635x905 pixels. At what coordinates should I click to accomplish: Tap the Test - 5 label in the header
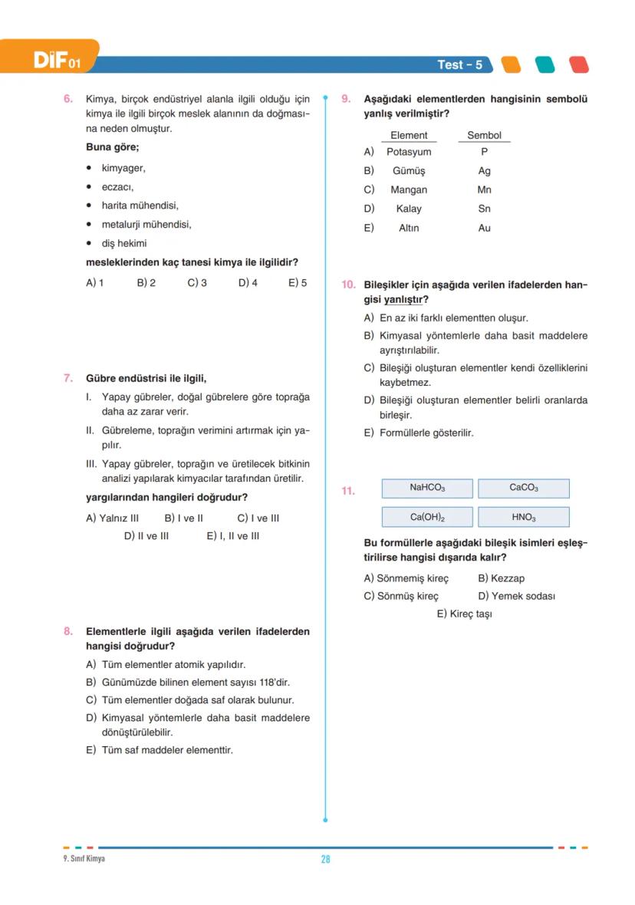pyautogui.click(x=459, y=65)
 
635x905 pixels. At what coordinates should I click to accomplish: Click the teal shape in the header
pyautogui.click(x=545, y=65)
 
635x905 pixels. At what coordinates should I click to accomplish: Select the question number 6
pyautogui.click(x=67, y=99)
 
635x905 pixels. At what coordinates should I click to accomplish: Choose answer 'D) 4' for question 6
pyautogui.click(x=248, y=283)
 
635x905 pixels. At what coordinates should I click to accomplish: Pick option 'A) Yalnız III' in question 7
pyautogui.click(x=112, y=518)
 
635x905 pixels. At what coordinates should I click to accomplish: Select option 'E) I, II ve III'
pyautogui.click(x=232, y=536)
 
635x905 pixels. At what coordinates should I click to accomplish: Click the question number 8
pyautogui.click(x=67, y=632)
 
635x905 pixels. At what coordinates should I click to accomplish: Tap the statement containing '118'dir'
pyautogui.click(x=195, y=683)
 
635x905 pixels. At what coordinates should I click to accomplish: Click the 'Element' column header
pyautogui.click(x=409, y=136)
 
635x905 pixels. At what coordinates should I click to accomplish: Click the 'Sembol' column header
pyautogui.click(x=484, y=136)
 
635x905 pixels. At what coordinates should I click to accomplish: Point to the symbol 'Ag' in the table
pyautogui.click(x=484, y=171)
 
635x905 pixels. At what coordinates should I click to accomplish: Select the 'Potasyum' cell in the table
pyautogui.click(x=409, y=152)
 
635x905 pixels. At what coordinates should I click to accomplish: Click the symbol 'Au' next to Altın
pyautogui.click(x=484, y=228)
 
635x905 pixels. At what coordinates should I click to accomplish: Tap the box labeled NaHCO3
pyautogui.click(x=427, y=488)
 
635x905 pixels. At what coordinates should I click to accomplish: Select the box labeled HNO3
pyautogui.click(x=524, y=518)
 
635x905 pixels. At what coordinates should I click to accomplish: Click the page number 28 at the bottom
pyautogui.click(x=325, y=860)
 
